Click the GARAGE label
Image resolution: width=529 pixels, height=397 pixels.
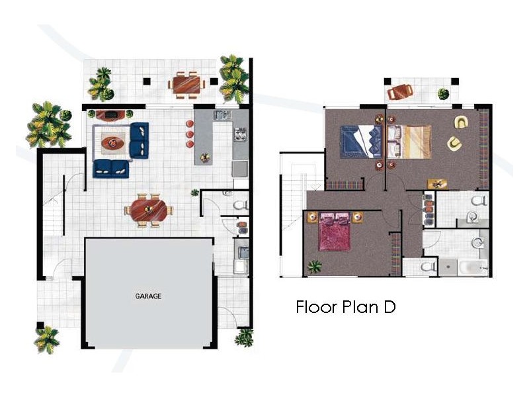(148, 296)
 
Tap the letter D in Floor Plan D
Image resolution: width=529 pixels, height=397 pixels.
(389, 307)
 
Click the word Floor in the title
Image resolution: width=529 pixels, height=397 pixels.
(317, 307)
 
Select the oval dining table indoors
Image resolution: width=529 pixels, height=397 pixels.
(149, 210)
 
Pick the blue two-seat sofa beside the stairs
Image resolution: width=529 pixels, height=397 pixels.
(111, 169)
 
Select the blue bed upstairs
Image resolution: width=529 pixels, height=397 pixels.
(361, 142)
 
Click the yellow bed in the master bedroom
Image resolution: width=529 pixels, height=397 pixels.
(409, 142)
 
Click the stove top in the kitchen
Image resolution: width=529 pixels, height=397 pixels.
(241, 134)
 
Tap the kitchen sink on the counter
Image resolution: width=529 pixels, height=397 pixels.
(222, 114)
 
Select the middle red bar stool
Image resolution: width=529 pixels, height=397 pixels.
(190, 134)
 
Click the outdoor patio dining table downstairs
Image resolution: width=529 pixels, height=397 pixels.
(186, 85)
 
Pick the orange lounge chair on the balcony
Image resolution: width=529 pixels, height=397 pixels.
(400, 91)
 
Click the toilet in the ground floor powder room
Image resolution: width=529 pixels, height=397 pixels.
(240, 204)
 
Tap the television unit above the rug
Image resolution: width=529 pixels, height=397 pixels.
(110, 115)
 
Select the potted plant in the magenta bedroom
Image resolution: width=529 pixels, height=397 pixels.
(315, 267)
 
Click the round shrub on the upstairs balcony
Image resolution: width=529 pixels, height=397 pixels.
(443, 93)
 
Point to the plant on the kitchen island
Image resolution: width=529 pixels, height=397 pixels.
(205, 157)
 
